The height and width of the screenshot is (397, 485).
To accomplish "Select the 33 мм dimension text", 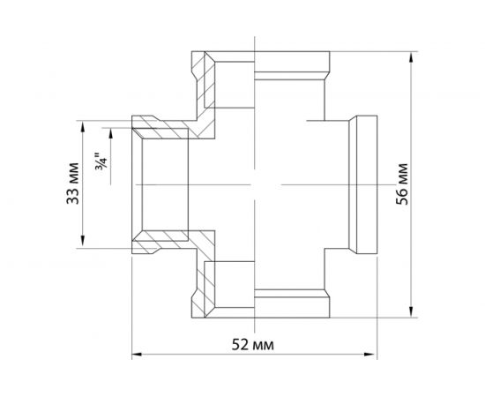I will tap(73, 183).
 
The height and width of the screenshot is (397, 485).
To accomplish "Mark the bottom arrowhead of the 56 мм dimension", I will tap(412, 309).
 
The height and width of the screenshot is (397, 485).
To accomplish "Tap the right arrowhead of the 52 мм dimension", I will tap(366, 354).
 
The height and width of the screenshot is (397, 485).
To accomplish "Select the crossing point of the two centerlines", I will tap(254, 184).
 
